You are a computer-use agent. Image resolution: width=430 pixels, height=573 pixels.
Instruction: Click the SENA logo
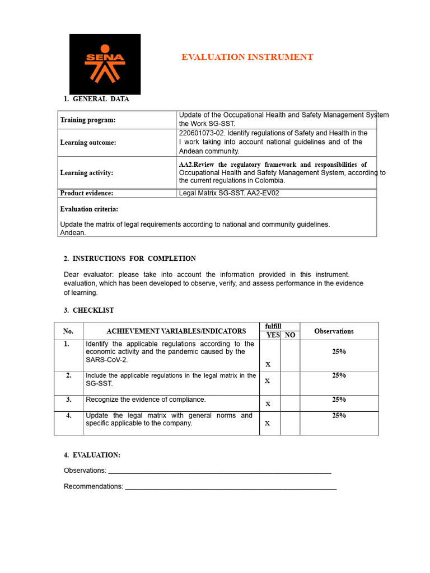pos(105,64)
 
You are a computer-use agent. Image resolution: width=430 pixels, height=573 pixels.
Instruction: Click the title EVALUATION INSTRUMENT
pos(247,57)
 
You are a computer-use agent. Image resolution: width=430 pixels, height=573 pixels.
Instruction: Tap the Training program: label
pos(88,120)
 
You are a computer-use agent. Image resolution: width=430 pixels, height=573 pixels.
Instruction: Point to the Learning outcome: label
pos(88,143)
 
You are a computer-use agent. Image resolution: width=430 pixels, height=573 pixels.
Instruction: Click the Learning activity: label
pos(86,173)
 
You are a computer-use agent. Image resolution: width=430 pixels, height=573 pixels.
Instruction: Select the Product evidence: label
pos(86,193)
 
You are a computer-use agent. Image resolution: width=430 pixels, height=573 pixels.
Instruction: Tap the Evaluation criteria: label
pos(89,209)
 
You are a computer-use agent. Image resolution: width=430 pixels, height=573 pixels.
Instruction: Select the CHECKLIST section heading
pos(93,310)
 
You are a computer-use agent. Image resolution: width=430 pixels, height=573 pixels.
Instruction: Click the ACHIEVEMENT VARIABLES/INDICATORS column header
pos(168,331)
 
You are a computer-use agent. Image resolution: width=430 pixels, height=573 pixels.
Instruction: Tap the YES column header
pos(273,335)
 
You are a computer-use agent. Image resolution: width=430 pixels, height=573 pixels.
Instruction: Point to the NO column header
pos(290,335)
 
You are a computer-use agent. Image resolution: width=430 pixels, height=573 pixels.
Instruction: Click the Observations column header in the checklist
pos(334,331)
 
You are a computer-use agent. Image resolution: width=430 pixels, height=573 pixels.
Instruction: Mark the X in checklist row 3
pos(268,404)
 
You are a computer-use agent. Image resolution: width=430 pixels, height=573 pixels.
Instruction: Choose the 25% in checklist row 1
pos(339,352)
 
